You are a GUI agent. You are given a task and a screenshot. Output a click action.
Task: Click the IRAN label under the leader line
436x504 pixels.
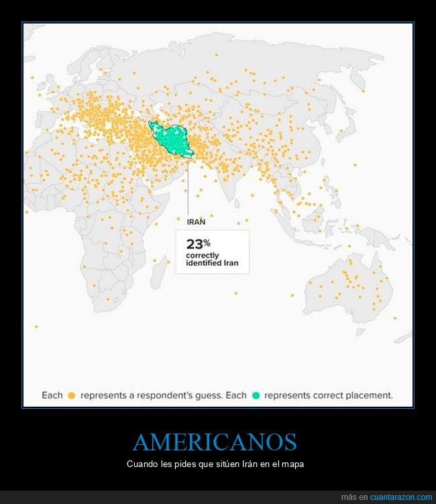(196, 220)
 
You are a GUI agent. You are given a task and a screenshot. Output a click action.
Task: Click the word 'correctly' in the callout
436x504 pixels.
(203, 256)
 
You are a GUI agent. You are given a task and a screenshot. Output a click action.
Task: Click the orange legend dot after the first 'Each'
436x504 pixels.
(71, 395)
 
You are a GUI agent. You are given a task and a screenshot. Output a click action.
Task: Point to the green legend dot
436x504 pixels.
(256, 395)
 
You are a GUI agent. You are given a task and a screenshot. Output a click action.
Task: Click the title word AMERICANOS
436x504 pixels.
(215, 442)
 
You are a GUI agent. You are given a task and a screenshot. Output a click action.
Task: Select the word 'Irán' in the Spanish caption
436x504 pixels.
(245, 464)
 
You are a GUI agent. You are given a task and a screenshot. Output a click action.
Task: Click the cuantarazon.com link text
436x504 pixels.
(401, 497)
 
